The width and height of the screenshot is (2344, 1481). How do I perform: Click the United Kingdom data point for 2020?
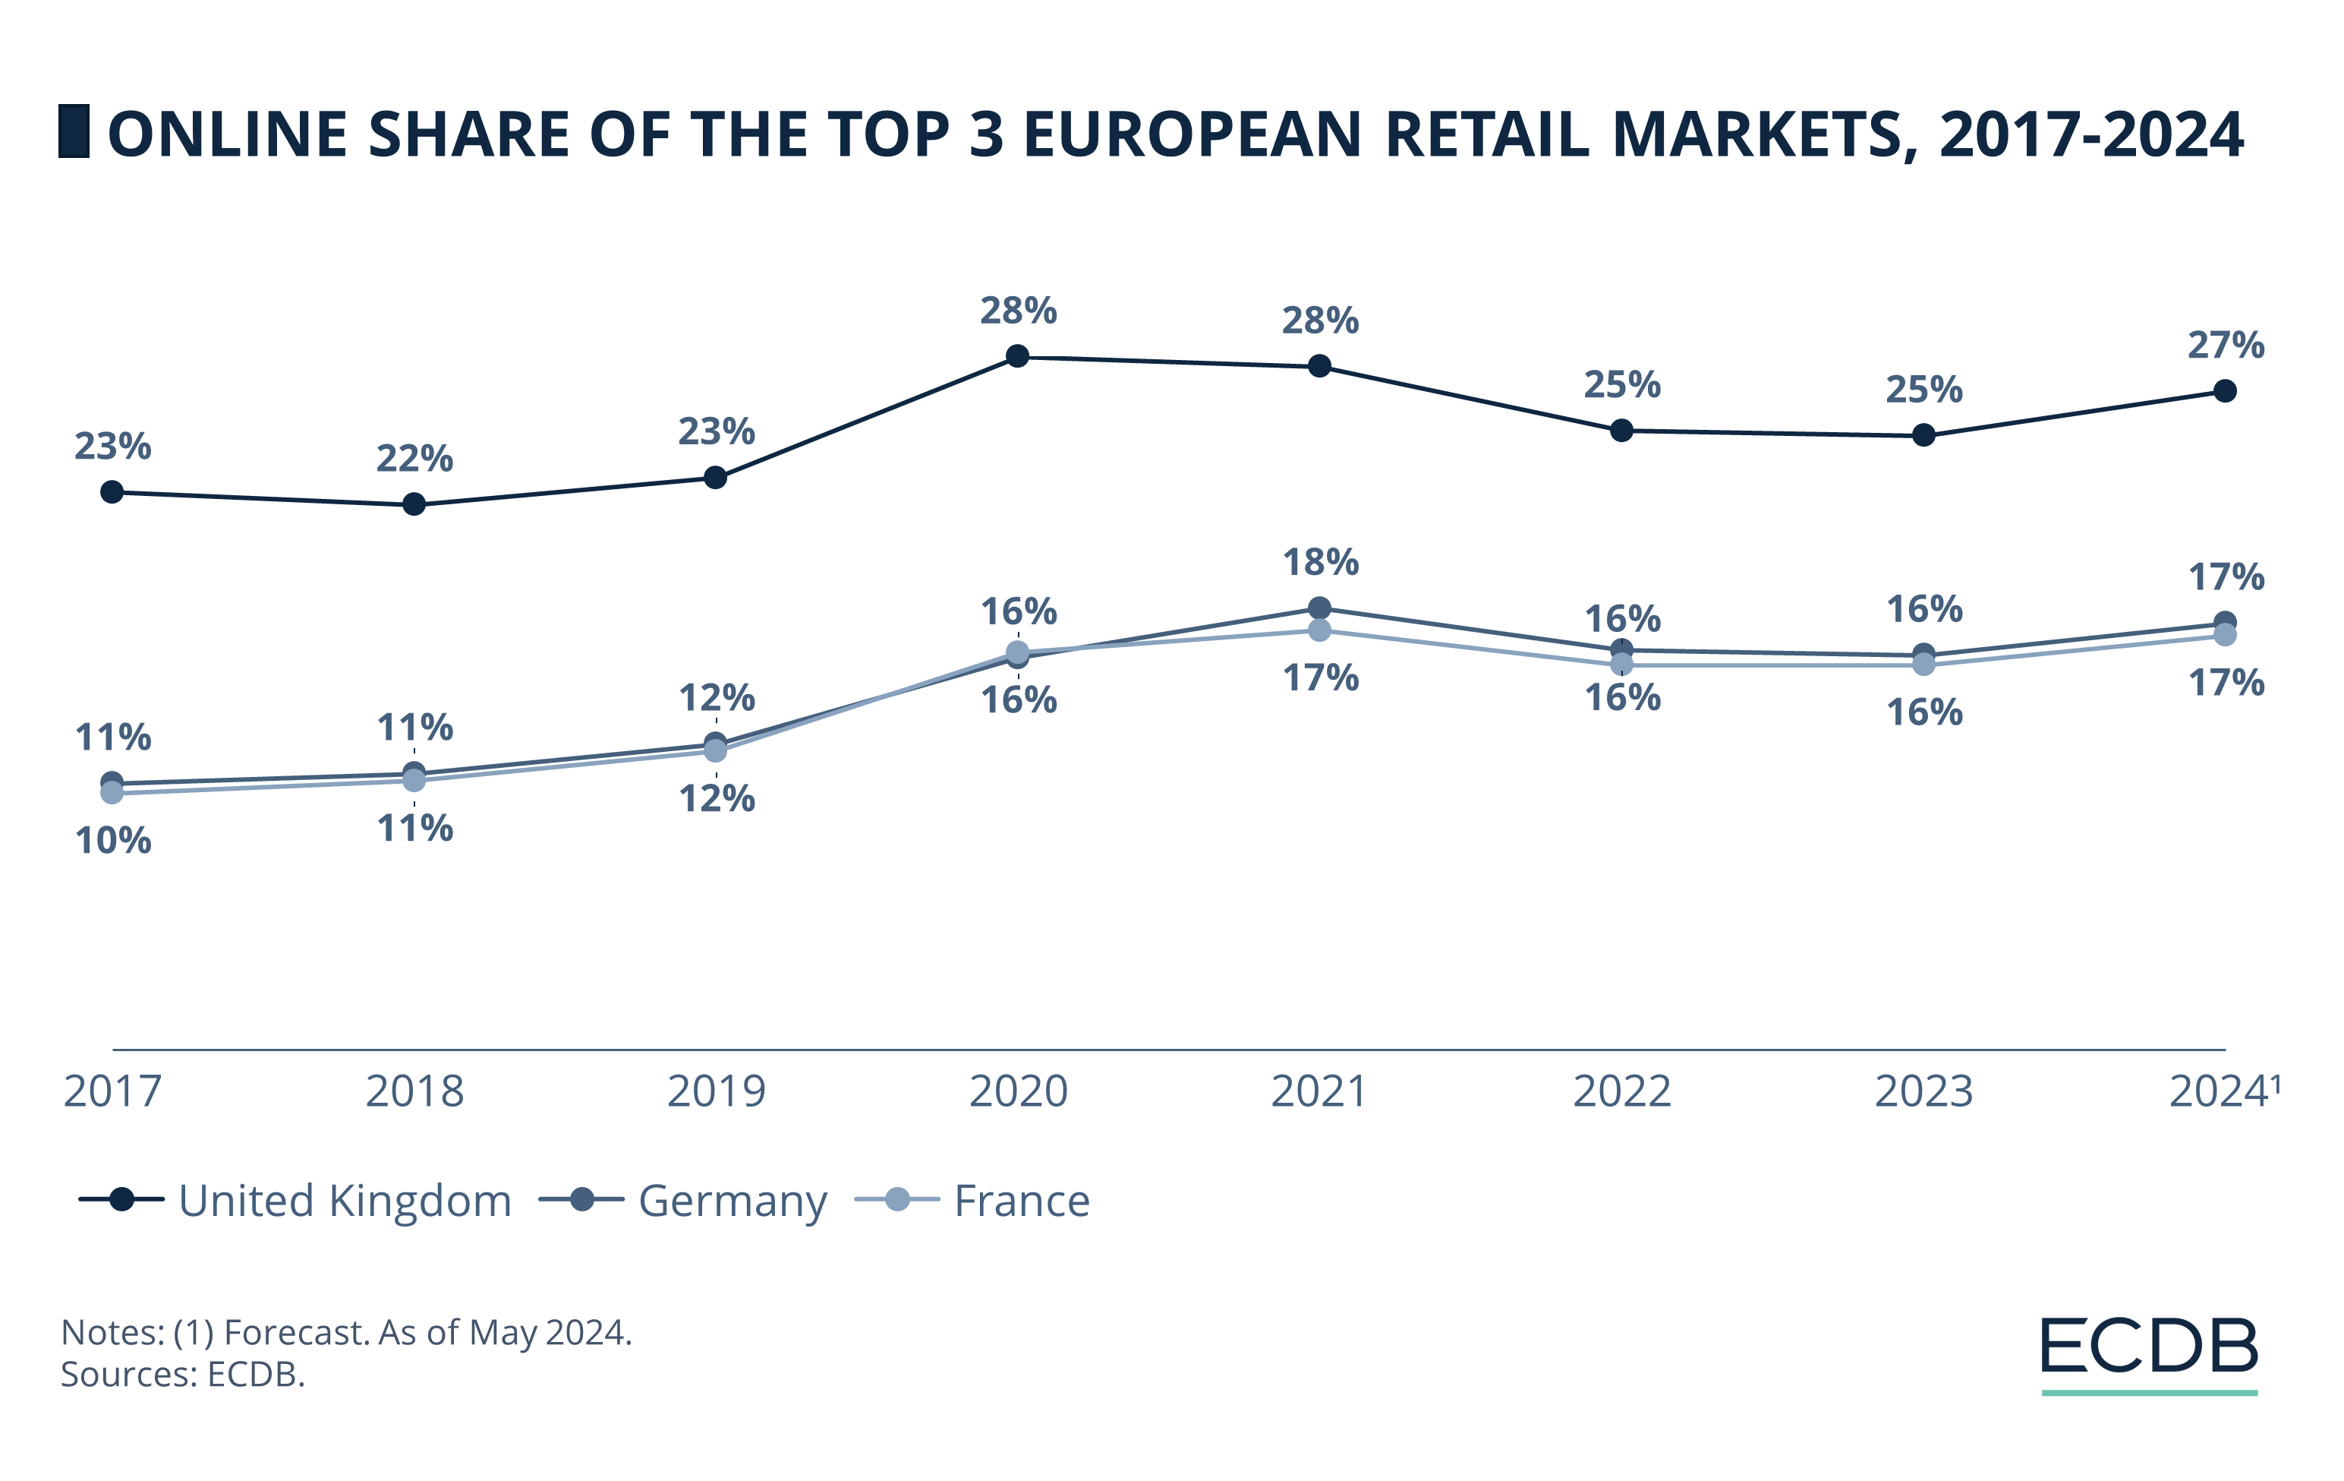tap(1017, 356)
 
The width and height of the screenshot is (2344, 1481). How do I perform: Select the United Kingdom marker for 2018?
tap(414, 504)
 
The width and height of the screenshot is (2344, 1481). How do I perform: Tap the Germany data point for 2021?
tap(1319, 608)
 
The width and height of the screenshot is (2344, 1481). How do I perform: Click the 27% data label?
tap(2226, 346)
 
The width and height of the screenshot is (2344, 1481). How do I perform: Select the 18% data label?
tap(1320, 563)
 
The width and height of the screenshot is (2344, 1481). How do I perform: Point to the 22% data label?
tap(414, 459)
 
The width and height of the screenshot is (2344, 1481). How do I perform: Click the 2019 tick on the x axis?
tap(717, 1091)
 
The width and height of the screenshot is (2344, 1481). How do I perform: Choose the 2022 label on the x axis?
tap(1621, 1091)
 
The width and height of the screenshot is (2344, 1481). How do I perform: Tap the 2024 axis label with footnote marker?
tap(2223, 1091)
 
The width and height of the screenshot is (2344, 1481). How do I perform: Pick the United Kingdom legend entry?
tap(296, 1201)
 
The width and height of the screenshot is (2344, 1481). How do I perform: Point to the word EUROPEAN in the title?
tap(1192, 134)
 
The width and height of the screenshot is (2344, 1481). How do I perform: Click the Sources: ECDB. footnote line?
tap(183, 1375)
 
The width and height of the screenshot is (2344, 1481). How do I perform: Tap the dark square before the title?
tap(74, 131)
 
